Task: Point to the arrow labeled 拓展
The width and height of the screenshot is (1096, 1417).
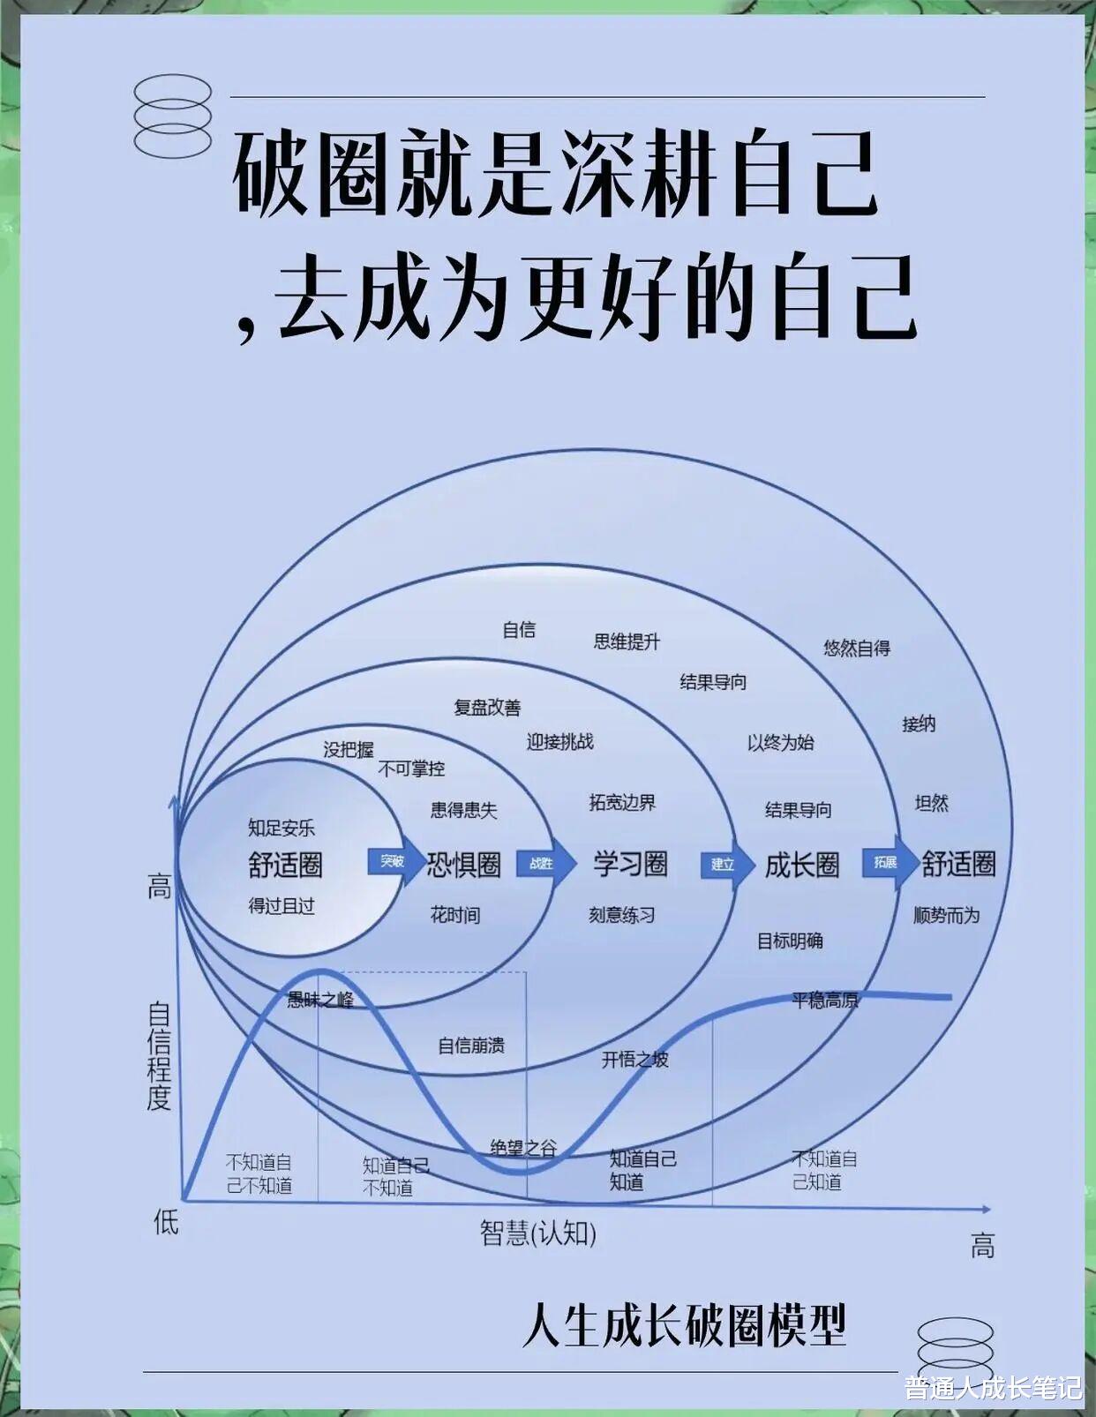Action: tap(888, 861)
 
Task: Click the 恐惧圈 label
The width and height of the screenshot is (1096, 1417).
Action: tap(464, 865)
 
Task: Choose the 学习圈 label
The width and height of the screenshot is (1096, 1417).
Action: tap(630, 864)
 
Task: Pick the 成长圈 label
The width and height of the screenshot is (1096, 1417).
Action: tap(801, 865)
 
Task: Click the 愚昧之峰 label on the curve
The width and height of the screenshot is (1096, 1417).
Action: tap(320, 999)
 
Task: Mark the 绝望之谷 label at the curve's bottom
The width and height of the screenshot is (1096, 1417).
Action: tap(523, 1147)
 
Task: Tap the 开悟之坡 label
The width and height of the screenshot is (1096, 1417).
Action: tap(634, 1059)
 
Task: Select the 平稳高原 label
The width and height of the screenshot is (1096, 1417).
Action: tap(824, 1000)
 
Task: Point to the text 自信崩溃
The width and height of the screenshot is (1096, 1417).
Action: tap(471, 1046)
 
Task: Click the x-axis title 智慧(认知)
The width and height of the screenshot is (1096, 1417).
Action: tap(538, 1232)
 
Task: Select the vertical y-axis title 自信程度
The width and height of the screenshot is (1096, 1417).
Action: tap(159, 1055)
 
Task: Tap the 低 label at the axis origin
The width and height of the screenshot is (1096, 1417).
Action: tap(166, 1222)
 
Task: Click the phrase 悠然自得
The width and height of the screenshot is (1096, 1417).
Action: tap(857, 648)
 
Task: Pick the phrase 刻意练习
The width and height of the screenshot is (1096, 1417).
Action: tap(622, 915)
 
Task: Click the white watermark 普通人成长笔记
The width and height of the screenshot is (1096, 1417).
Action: tap(992, 1387)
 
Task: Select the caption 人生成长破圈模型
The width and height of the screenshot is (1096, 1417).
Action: tap(684, 1324)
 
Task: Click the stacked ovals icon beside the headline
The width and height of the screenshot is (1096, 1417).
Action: tap(173, 116)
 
